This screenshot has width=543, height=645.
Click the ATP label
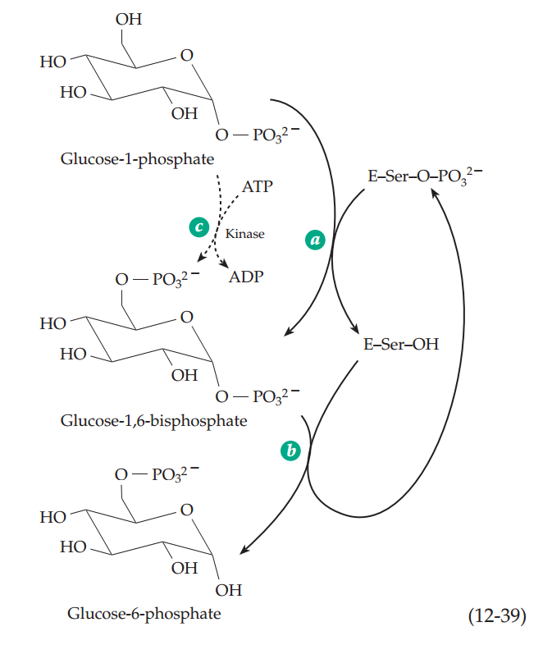pyautogui.click(x=258, y=187)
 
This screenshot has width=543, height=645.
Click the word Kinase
pyautogui.click(x=245, y=234)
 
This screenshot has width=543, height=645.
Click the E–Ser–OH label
pyautogui.click(x=400, y=344)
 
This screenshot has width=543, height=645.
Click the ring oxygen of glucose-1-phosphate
pyautogui.click(x=186, y=56)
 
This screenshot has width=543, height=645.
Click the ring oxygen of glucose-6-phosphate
pyautogui.click(x=186, y=510)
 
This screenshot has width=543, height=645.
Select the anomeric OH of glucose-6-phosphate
pyautogui.click(x=229, y=589)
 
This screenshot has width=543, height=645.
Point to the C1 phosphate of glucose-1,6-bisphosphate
pyautogui.click(x=258, y=396)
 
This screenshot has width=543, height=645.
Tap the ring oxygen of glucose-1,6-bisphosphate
pyautogui.click(x=186, y=317)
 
